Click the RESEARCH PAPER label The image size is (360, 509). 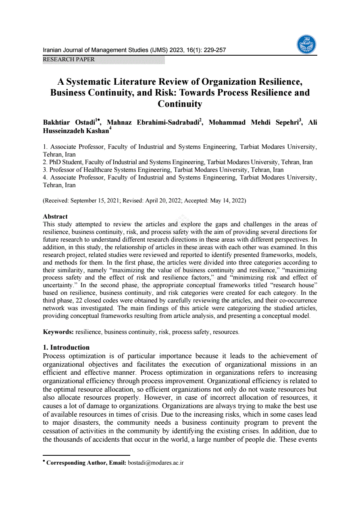[x=69, y=60]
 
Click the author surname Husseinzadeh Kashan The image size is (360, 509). [x=75, y=131]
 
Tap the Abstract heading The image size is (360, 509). [x=55, y=217]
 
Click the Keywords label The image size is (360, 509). [x=58, y=332]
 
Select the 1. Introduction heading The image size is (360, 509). [x=66, y=347]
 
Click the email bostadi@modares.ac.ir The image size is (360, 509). [x=156, y=463]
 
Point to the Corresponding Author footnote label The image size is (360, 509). [x=86, y=463]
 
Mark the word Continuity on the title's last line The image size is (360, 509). [x=180, y=104]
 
